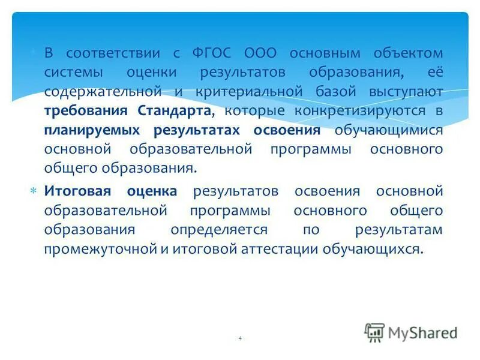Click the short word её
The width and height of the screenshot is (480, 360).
pos(436,73)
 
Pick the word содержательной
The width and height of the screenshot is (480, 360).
pos(103,92)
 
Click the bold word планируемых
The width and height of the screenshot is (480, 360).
pos(91,130)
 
